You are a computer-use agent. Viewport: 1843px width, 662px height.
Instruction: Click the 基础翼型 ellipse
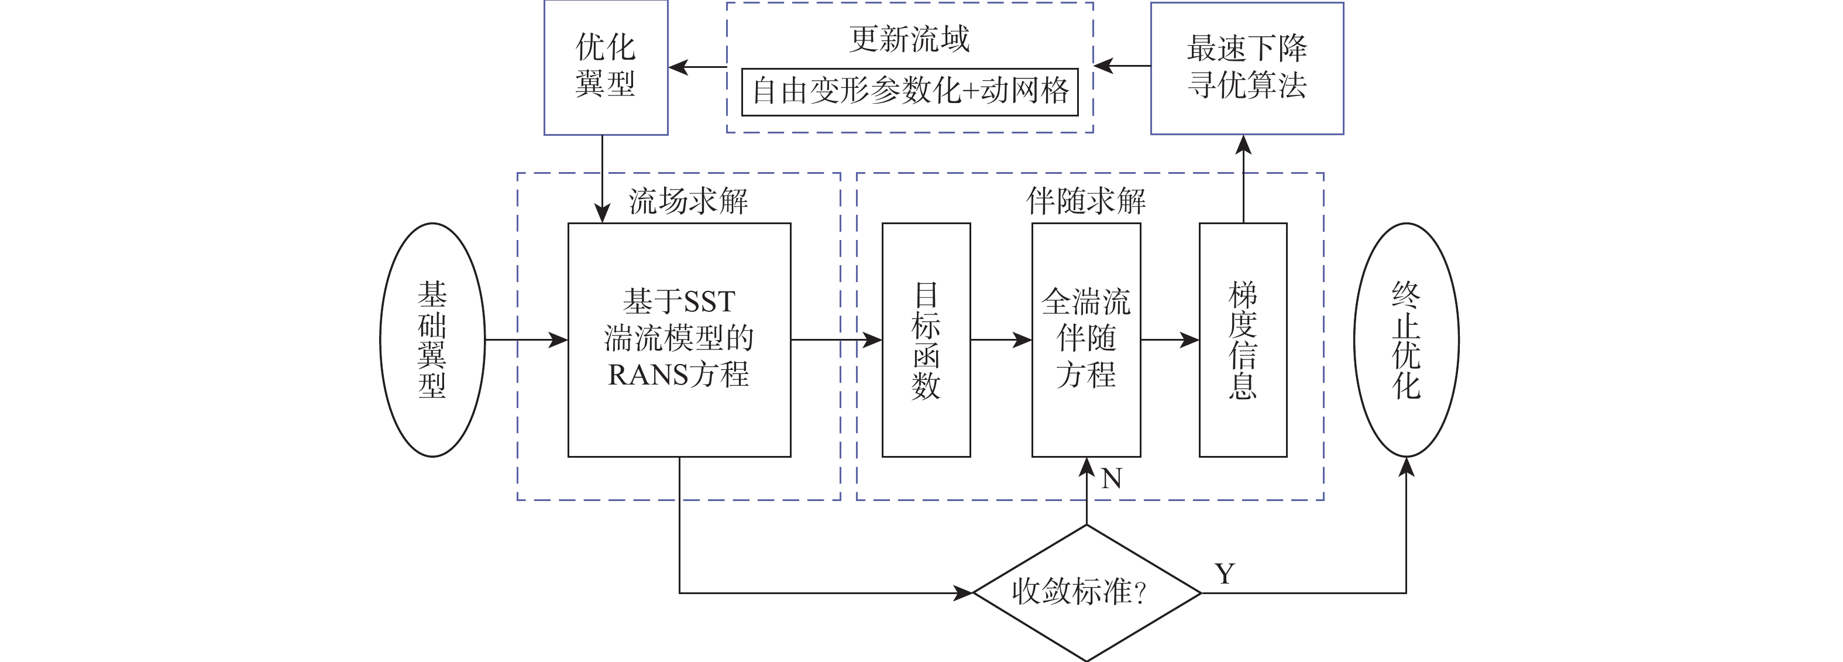(432, 340)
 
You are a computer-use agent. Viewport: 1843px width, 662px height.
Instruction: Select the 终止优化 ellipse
(1406, 340)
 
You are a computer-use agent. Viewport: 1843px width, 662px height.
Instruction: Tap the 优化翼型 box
(606, 67)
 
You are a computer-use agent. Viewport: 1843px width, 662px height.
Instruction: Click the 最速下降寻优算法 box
(1246, 68)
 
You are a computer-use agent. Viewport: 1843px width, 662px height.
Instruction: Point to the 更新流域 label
(909, 39)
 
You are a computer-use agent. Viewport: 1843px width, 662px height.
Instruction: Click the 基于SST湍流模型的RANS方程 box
(679, 340)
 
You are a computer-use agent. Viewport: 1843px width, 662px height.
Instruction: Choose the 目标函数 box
(926, 340)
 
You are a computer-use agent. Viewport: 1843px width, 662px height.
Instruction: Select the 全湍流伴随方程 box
(1085, 340)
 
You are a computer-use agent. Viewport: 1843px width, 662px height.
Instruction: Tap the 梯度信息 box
(1243, 340)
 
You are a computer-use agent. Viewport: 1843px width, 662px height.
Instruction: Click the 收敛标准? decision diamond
(1086, 592)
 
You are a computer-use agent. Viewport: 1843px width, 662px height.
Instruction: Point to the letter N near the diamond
(1111, 479)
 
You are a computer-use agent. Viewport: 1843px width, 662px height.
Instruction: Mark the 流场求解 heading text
(688, 202)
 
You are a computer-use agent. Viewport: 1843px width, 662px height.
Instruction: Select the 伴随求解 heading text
(1085, 202)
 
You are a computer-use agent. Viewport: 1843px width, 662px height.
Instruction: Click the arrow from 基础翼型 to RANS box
(526, 340)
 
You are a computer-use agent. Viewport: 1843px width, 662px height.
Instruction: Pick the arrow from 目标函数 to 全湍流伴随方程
(1001, 340)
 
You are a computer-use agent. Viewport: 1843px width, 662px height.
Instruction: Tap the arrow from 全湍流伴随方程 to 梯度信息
(1170, 340)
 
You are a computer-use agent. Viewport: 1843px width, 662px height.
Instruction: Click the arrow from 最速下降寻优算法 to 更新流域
(1122, 67)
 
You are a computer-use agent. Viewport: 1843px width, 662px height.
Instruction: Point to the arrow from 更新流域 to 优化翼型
(697, 67)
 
